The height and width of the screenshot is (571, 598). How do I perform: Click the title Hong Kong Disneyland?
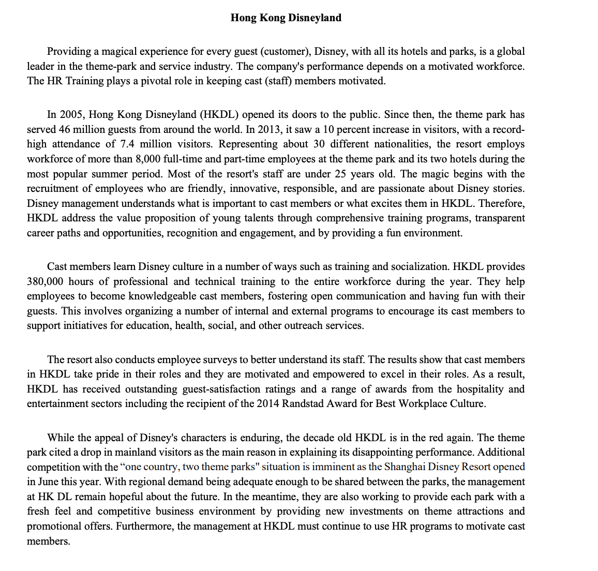pyautogui.click(x=286, y=18)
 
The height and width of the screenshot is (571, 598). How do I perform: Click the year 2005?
pyautogui.click(x=71, y=114)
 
